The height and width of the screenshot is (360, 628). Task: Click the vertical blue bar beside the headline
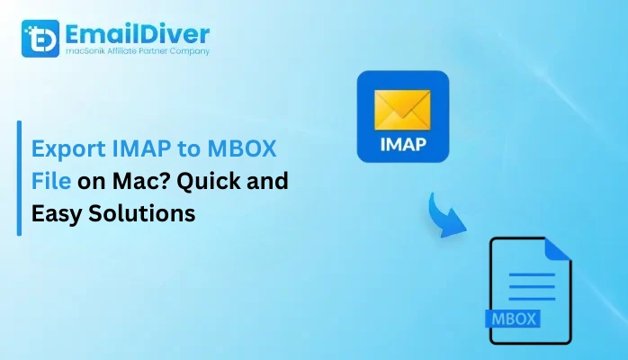click(19, 178)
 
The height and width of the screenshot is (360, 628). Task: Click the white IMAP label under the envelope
click(403, 145)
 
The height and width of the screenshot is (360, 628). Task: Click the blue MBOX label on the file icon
click(511, 318)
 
